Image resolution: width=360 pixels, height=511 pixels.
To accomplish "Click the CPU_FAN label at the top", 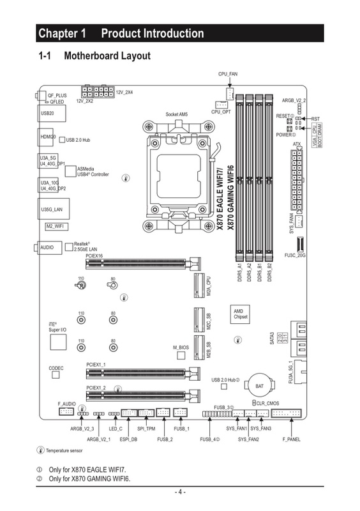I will [x=228, y=75].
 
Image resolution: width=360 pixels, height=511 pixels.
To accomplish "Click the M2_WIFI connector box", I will [x=56, y=226].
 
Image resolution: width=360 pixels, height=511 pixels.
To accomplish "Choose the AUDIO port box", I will [x=47, y=247].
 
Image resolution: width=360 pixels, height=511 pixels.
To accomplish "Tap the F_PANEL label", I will [x=291, y=439].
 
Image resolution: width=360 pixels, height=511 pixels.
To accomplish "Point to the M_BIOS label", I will [x=181, y=347].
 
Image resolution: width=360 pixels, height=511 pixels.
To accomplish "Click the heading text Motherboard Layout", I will [x=107, y=56].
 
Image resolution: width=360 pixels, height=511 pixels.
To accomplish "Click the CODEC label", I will [x=56, y=369].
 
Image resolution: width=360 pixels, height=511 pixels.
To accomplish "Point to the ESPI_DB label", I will [x=128, y=439].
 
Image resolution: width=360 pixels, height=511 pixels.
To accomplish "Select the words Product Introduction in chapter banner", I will [x=153, y=33].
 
